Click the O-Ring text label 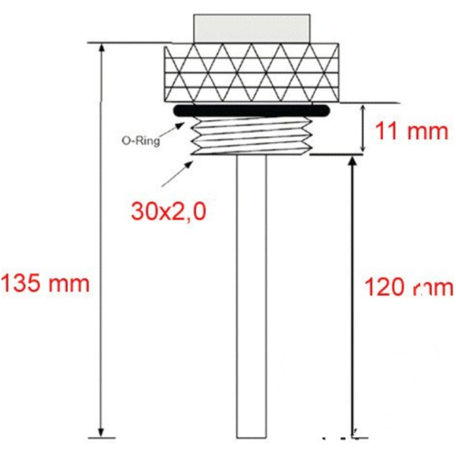141,140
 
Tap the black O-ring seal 251,111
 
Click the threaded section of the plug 251,135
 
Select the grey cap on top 251,27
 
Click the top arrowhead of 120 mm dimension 352,162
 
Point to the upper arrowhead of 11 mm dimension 362,108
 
